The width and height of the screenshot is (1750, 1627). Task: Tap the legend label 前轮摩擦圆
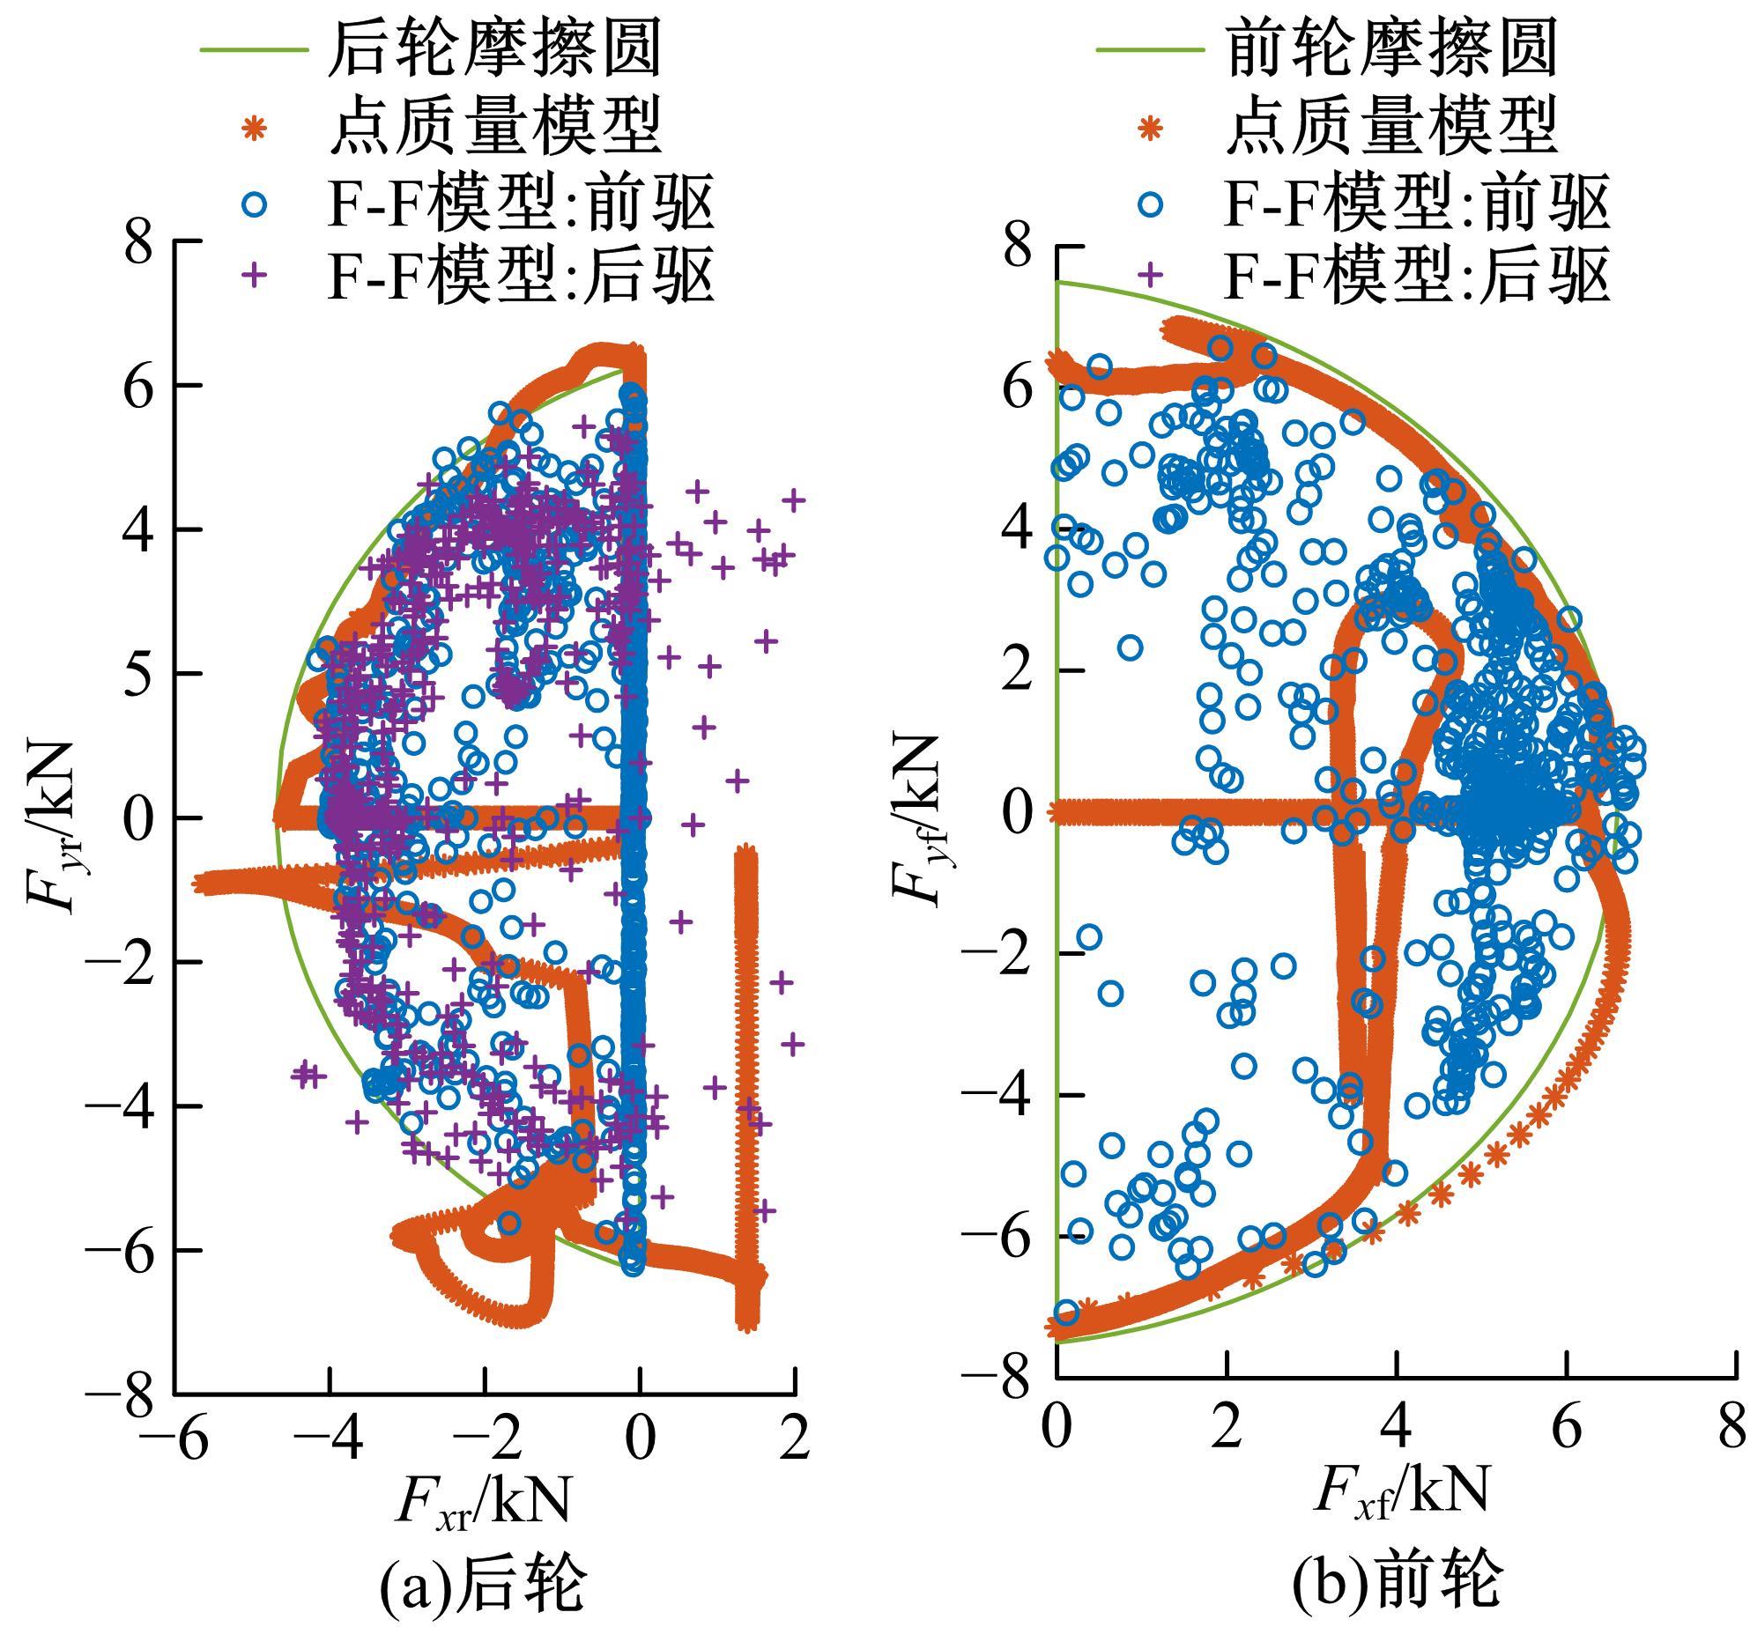coord(1392,49)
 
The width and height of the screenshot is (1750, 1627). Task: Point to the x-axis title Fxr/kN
coord(482,1500)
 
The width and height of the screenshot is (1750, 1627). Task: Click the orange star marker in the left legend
coord(254,129)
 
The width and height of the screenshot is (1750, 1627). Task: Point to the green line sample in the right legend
coord(1150,49)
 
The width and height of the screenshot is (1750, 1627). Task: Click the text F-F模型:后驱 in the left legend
coord(520,276)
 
